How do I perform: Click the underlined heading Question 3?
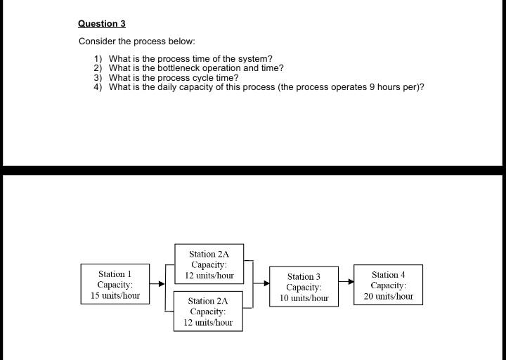point(101,24)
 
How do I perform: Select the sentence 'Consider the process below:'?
point(136,41)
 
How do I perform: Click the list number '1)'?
point(98,58)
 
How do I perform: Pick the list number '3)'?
point(98,77)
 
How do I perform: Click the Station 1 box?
point(115,284)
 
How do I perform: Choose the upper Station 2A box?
point(209,264)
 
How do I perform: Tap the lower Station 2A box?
point(208,311)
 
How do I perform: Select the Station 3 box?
point(304,287)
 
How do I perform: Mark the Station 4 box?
point(388,285)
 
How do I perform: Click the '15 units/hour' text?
point(115,295)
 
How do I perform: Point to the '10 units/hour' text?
point(304,298)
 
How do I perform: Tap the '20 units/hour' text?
point(388,296)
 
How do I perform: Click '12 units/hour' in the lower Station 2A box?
point(208,322)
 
